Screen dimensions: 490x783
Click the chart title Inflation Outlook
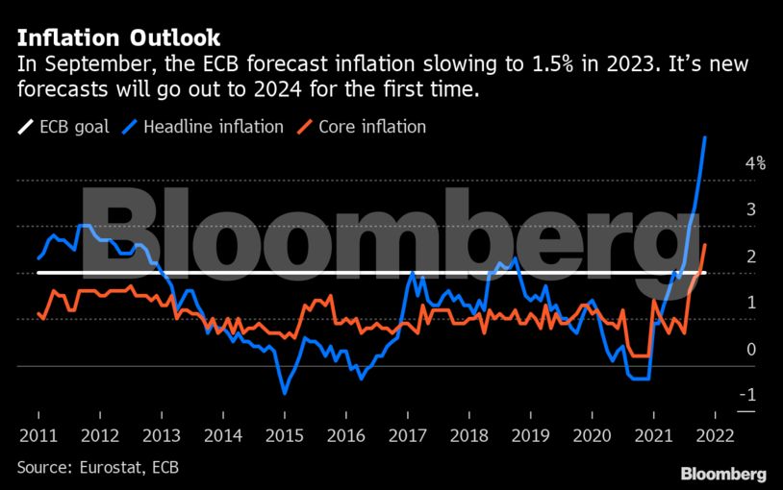118,37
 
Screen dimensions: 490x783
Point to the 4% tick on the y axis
755,163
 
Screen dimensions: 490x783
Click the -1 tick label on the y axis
748,396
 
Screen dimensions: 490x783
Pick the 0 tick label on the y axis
750,350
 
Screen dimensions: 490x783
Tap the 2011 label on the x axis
38,434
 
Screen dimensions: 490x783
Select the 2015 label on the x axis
284,434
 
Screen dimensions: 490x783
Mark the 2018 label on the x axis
468,434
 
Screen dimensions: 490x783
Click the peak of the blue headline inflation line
706,137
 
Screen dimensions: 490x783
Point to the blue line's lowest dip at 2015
285,392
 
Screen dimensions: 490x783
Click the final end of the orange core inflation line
706,244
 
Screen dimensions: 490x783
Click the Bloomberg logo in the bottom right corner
722,474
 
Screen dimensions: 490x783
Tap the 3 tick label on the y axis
750,209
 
